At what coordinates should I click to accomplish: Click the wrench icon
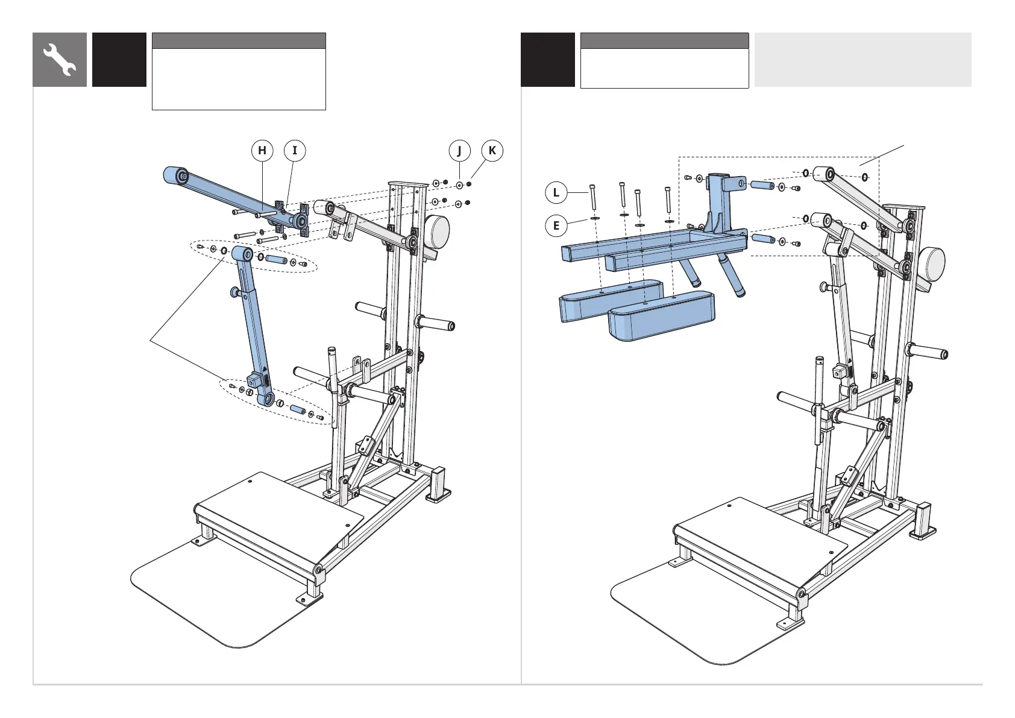[60, 60]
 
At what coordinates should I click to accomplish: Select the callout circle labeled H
[262, 151]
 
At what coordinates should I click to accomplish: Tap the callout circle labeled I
[295, 151]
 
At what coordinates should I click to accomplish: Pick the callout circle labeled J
[459, 151]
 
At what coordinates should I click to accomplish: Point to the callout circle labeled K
[492, 151]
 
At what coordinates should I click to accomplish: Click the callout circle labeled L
[556, 194]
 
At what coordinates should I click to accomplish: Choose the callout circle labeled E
[556, 226]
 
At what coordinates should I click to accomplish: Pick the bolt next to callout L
[593, 197]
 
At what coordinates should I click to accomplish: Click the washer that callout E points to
[595, 218]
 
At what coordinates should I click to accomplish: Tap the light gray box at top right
[863, 60]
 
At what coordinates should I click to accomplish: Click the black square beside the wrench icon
[119, 60]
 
